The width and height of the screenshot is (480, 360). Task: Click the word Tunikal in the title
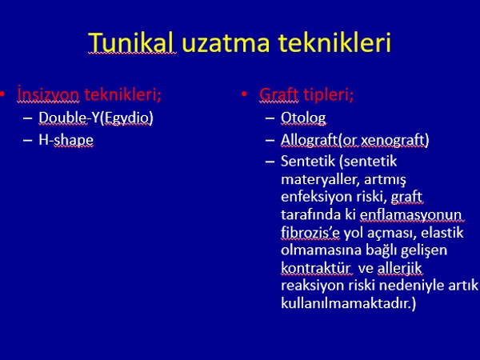click(132, 42)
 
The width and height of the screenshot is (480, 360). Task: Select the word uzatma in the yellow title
click(226, 43)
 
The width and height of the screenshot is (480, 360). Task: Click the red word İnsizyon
click(48, 94)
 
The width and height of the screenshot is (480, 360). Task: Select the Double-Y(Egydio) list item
click(96, 118)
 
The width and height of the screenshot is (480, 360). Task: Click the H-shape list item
click(66, 140)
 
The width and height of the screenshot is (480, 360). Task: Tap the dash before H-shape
click(27, 141)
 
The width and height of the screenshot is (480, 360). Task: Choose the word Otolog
click(303, 118)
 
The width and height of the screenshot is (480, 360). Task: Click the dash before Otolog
click(270, 118)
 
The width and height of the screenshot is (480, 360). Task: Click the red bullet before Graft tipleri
click(244, 94)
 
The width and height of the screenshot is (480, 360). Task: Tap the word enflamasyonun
click(411, 215)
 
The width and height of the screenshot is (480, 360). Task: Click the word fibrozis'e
click(310, 233)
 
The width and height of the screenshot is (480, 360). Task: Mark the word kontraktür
click(316, 268)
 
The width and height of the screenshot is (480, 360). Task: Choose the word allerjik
click(399, 268)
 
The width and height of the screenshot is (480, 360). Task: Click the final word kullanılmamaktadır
click(348, 303)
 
